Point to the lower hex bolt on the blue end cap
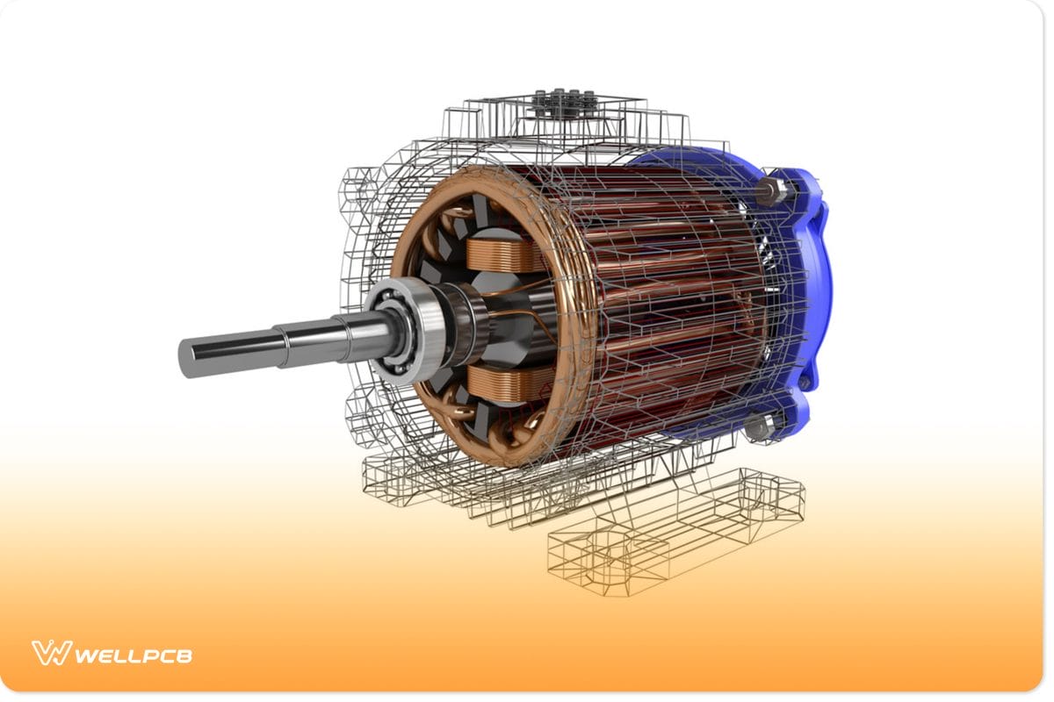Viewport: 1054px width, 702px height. [x=755, y=427]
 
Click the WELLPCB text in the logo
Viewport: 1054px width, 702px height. [x=132, y=655]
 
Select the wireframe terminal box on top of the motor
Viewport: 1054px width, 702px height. [x=562, y=114]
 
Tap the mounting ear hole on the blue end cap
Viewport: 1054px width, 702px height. [x=804, y=383]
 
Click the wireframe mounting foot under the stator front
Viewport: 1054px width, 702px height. [x=422, y=478]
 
